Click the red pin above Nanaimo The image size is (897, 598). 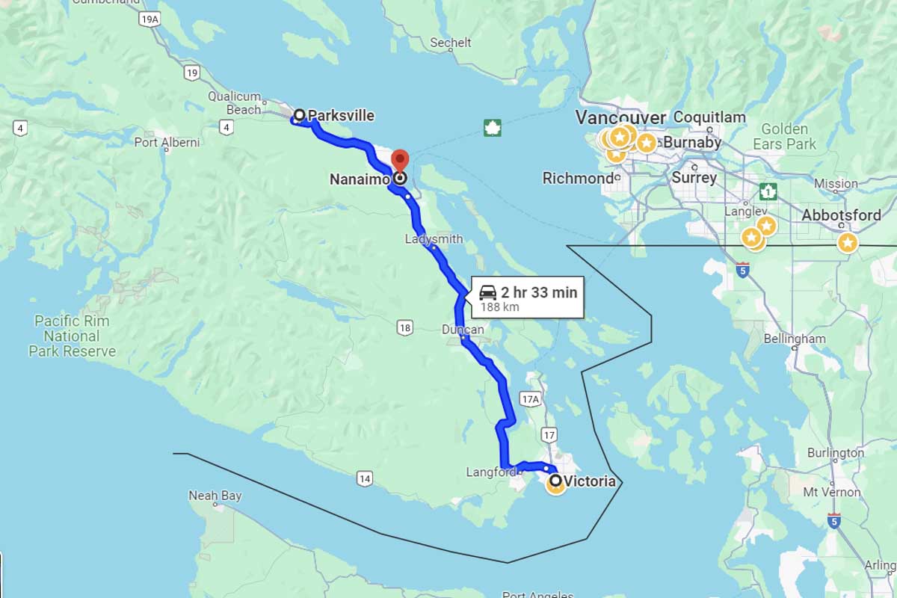point(400,161)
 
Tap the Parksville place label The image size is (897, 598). point(340,115)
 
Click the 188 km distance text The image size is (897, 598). point(499,306)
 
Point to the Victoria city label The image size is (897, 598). point(590,481)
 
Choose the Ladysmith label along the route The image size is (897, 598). point(434,239)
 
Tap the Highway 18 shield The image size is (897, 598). point(404,327)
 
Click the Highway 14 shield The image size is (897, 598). point(364,478)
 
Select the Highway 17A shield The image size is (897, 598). point(530,400)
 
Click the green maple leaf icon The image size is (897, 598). point(492,127)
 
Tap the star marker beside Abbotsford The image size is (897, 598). point(847,242)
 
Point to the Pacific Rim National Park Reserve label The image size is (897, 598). point(72,336)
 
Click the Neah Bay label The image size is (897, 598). point(215,496)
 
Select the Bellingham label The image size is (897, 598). point(795,339)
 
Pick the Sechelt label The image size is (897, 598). point(451,43)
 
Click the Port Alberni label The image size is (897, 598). point(167,142)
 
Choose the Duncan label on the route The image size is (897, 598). point(463,330)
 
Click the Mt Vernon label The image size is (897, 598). point(832,493)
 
